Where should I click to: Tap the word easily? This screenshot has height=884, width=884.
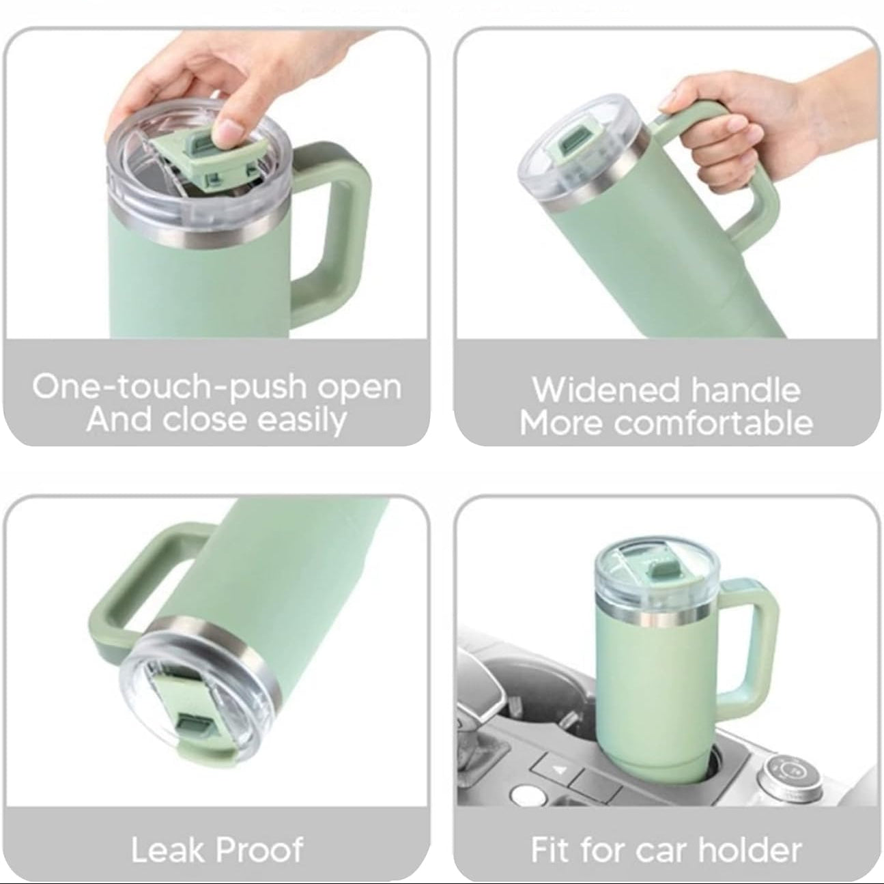301,420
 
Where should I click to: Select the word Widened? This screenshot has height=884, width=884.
605,390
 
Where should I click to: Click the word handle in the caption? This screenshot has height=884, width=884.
746,390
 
